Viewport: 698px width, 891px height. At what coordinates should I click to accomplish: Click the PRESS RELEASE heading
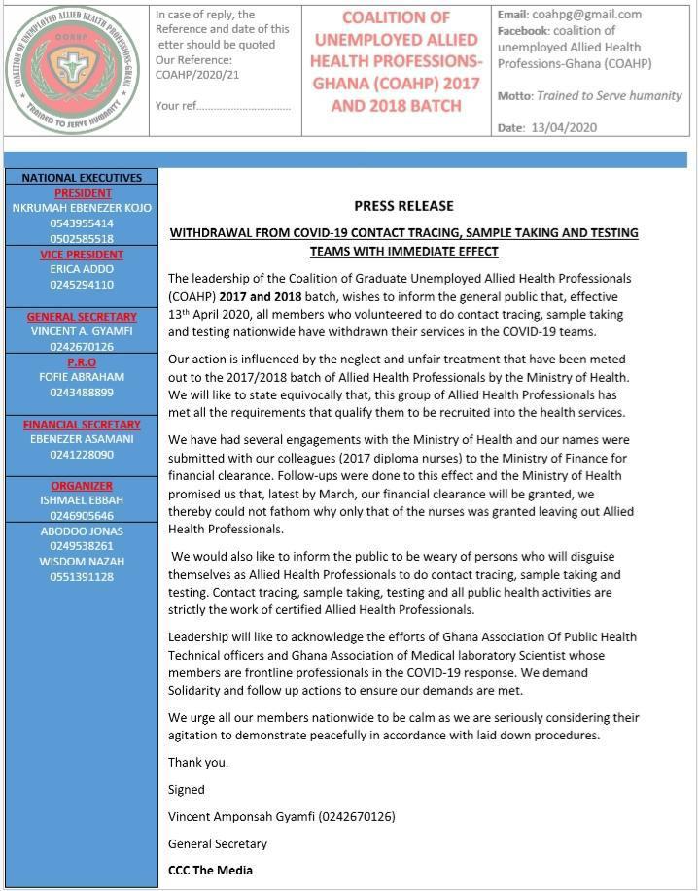coord(403,206)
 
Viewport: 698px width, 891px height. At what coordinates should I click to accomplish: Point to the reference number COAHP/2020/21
coord(196,74)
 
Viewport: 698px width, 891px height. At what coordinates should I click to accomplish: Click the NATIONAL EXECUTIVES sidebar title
coord(82,178)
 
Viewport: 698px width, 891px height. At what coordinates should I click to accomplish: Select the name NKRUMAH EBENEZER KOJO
coord(82,208)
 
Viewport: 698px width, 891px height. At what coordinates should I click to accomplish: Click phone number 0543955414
coord(82,223)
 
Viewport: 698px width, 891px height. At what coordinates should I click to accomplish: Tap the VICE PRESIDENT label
coord(82,255)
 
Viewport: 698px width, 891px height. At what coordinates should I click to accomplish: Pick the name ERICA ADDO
coord(82,269)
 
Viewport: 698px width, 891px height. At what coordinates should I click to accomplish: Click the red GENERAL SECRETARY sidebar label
coord(82,317)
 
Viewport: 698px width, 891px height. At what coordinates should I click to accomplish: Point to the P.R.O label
coord(82,362)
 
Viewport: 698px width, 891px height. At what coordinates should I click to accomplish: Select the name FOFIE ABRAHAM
coord(82,377)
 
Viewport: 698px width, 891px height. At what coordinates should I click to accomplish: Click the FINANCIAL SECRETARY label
coord(82,425)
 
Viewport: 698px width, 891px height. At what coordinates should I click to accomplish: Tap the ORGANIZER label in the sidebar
coord(82,486)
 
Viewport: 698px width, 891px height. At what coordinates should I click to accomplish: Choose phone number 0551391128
coord(82,577)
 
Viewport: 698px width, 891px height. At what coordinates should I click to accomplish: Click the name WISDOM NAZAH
coord(82,562)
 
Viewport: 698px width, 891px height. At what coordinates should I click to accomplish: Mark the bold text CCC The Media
coord(210,870)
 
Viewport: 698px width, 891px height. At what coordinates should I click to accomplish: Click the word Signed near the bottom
coord(187,790)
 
